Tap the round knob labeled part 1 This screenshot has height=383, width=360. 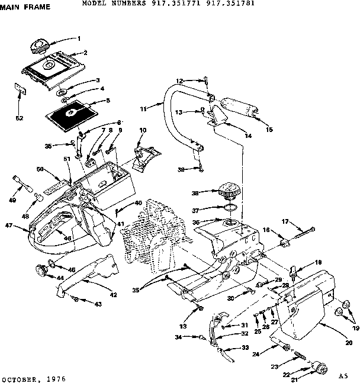[39, 44]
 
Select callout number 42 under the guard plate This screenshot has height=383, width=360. [113, 295]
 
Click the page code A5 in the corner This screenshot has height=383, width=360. [343, 376]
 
